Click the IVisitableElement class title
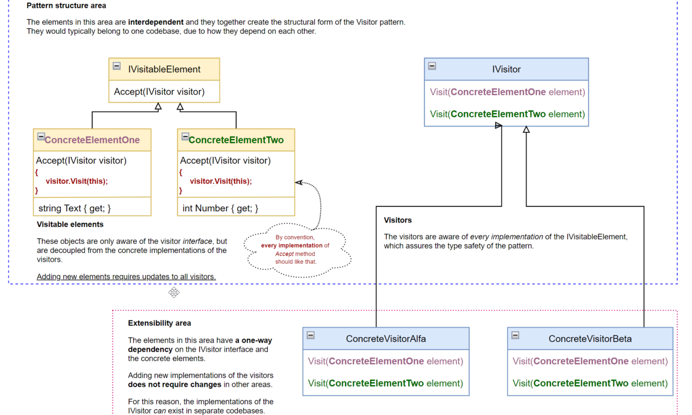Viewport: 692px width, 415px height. [164, 69]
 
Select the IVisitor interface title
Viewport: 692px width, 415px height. [506, 69]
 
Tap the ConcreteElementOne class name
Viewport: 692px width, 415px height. [92, 140]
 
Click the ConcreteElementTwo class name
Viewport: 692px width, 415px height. [236, 140]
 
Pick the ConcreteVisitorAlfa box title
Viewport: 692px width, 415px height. [385, 339]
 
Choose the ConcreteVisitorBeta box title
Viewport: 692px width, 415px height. [590, 339]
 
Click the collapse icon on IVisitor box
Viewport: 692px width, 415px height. [432, 66]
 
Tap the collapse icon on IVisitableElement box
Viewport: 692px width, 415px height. [116, 66]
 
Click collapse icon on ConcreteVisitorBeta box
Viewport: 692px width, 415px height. [515, 335]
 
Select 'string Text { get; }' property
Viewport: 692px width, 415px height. [75, 208]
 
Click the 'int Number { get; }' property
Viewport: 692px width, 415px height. [220, 208]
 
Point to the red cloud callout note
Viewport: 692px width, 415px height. [295, 250]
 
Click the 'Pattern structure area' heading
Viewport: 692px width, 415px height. [66, 6]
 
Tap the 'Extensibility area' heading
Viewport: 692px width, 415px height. [159, 323]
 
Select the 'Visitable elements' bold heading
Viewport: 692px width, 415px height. [70, 224]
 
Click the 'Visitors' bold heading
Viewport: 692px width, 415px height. [398, 220]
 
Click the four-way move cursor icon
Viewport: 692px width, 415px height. [174, 292]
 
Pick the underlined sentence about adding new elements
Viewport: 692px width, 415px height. [126, 277]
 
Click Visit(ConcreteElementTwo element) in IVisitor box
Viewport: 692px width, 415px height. [507, 114]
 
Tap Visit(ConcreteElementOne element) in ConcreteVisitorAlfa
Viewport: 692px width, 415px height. [385, 361]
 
